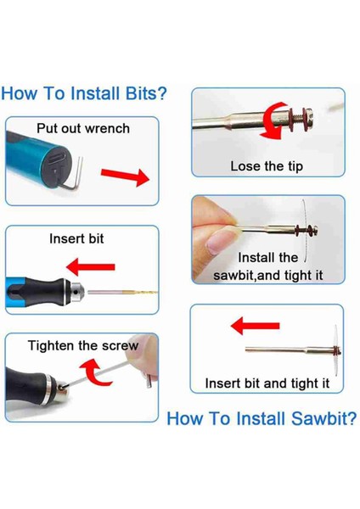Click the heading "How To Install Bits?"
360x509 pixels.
coord(84,93)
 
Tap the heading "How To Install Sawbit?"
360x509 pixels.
coord(262,418)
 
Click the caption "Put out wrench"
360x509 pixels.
coord(83,128)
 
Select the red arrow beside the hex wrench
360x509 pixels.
coord(125,176)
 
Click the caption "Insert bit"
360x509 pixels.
coord(76,238)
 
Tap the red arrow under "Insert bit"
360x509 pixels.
coord(90,267)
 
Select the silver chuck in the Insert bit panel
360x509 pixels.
coord(76,291)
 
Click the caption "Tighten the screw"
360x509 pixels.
coord(83,345)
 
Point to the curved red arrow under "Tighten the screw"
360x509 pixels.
coord(94,372)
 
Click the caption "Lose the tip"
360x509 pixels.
coord(267,166)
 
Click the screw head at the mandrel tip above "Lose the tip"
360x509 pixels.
coord(309,119)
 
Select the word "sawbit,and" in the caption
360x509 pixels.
coord(247,276)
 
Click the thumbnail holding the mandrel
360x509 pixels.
coord(220,243)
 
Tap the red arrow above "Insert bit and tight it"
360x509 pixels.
coord(255,326)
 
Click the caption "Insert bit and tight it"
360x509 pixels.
coord(267,383)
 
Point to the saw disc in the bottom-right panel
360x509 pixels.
coord(335,350)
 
